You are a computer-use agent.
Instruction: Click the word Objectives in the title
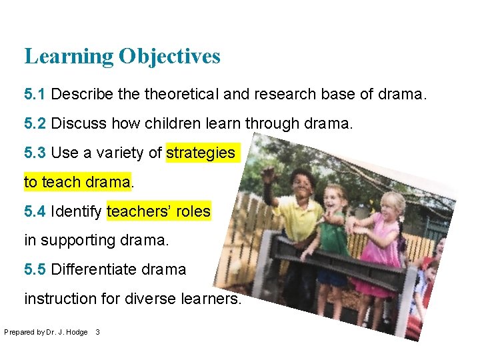point(169,57)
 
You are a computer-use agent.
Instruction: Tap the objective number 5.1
point(35,95)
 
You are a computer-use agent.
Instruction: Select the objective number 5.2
point(35,124)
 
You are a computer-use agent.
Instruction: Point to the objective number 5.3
point(35,153)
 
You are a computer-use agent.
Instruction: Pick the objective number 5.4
point(35,212)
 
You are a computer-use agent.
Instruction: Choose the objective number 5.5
point(35,270)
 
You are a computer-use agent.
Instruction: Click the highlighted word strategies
point(201,153)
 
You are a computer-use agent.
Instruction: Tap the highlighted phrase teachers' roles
point(158,212)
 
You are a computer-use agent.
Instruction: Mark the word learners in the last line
point(210,299)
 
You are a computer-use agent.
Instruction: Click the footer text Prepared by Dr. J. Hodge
point(45,332)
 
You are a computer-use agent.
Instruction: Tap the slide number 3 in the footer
point(98,332)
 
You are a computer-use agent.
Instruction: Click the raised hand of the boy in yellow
point(268,175)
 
